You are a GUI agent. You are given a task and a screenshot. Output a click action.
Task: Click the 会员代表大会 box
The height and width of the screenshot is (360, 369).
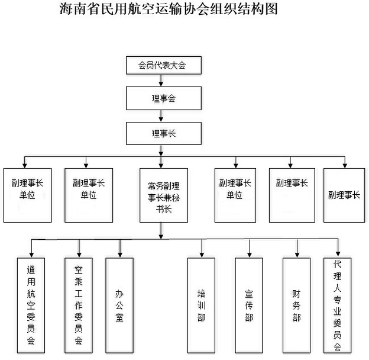[x=164, y=65]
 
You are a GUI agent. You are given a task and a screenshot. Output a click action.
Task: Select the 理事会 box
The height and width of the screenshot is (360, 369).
[x=164, y=98]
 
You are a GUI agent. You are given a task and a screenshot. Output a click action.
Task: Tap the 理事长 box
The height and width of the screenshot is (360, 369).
[x=164, y=133]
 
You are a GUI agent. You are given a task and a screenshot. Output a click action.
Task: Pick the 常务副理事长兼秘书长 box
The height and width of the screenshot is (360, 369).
[x=164, y=195]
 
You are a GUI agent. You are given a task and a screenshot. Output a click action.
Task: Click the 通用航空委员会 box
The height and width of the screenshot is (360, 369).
[x=31, y=306]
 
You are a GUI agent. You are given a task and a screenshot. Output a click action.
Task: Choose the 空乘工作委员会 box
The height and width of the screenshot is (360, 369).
[x=79, y=306]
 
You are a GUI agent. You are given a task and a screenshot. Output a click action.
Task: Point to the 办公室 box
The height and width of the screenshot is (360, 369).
[x=119, y=306]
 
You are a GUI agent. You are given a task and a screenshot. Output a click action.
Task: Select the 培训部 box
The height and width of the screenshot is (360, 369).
[x=201, y=306]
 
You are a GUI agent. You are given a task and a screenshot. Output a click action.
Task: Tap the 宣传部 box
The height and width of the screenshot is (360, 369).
[x=249, y=306]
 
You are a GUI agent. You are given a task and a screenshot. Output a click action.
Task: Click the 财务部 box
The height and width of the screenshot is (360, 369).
[x=296, y=306]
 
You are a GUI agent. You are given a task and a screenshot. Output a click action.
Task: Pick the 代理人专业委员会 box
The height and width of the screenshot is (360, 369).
[x=338, y=306]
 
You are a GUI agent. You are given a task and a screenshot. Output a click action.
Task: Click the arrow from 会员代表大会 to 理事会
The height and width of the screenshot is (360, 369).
[x=161, y=81]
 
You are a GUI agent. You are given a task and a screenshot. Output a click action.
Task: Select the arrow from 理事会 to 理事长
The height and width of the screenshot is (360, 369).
[x=161, y=116]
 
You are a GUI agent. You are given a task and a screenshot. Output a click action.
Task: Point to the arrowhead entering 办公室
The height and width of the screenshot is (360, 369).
[x=120, y=255]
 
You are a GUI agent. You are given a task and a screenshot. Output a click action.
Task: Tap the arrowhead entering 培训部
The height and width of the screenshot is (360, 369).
[x=202, y=255]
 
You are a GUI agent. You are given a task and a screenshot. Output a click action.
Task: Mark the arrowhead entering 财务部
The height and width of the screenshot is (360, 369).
[x=297, y=255]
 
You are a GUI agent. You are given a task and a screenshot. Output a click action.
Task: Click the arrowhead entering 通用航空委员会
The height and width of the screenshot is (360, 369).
[x=31, y=255]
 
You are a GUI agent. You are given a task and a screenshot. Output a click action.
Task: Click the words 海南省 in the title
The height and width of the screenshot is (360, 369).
[x=80, y=9]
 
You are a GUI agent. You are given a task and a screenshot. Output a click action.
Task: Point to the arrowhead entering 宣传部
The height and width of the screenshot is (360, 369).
[x=250, y=255]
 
